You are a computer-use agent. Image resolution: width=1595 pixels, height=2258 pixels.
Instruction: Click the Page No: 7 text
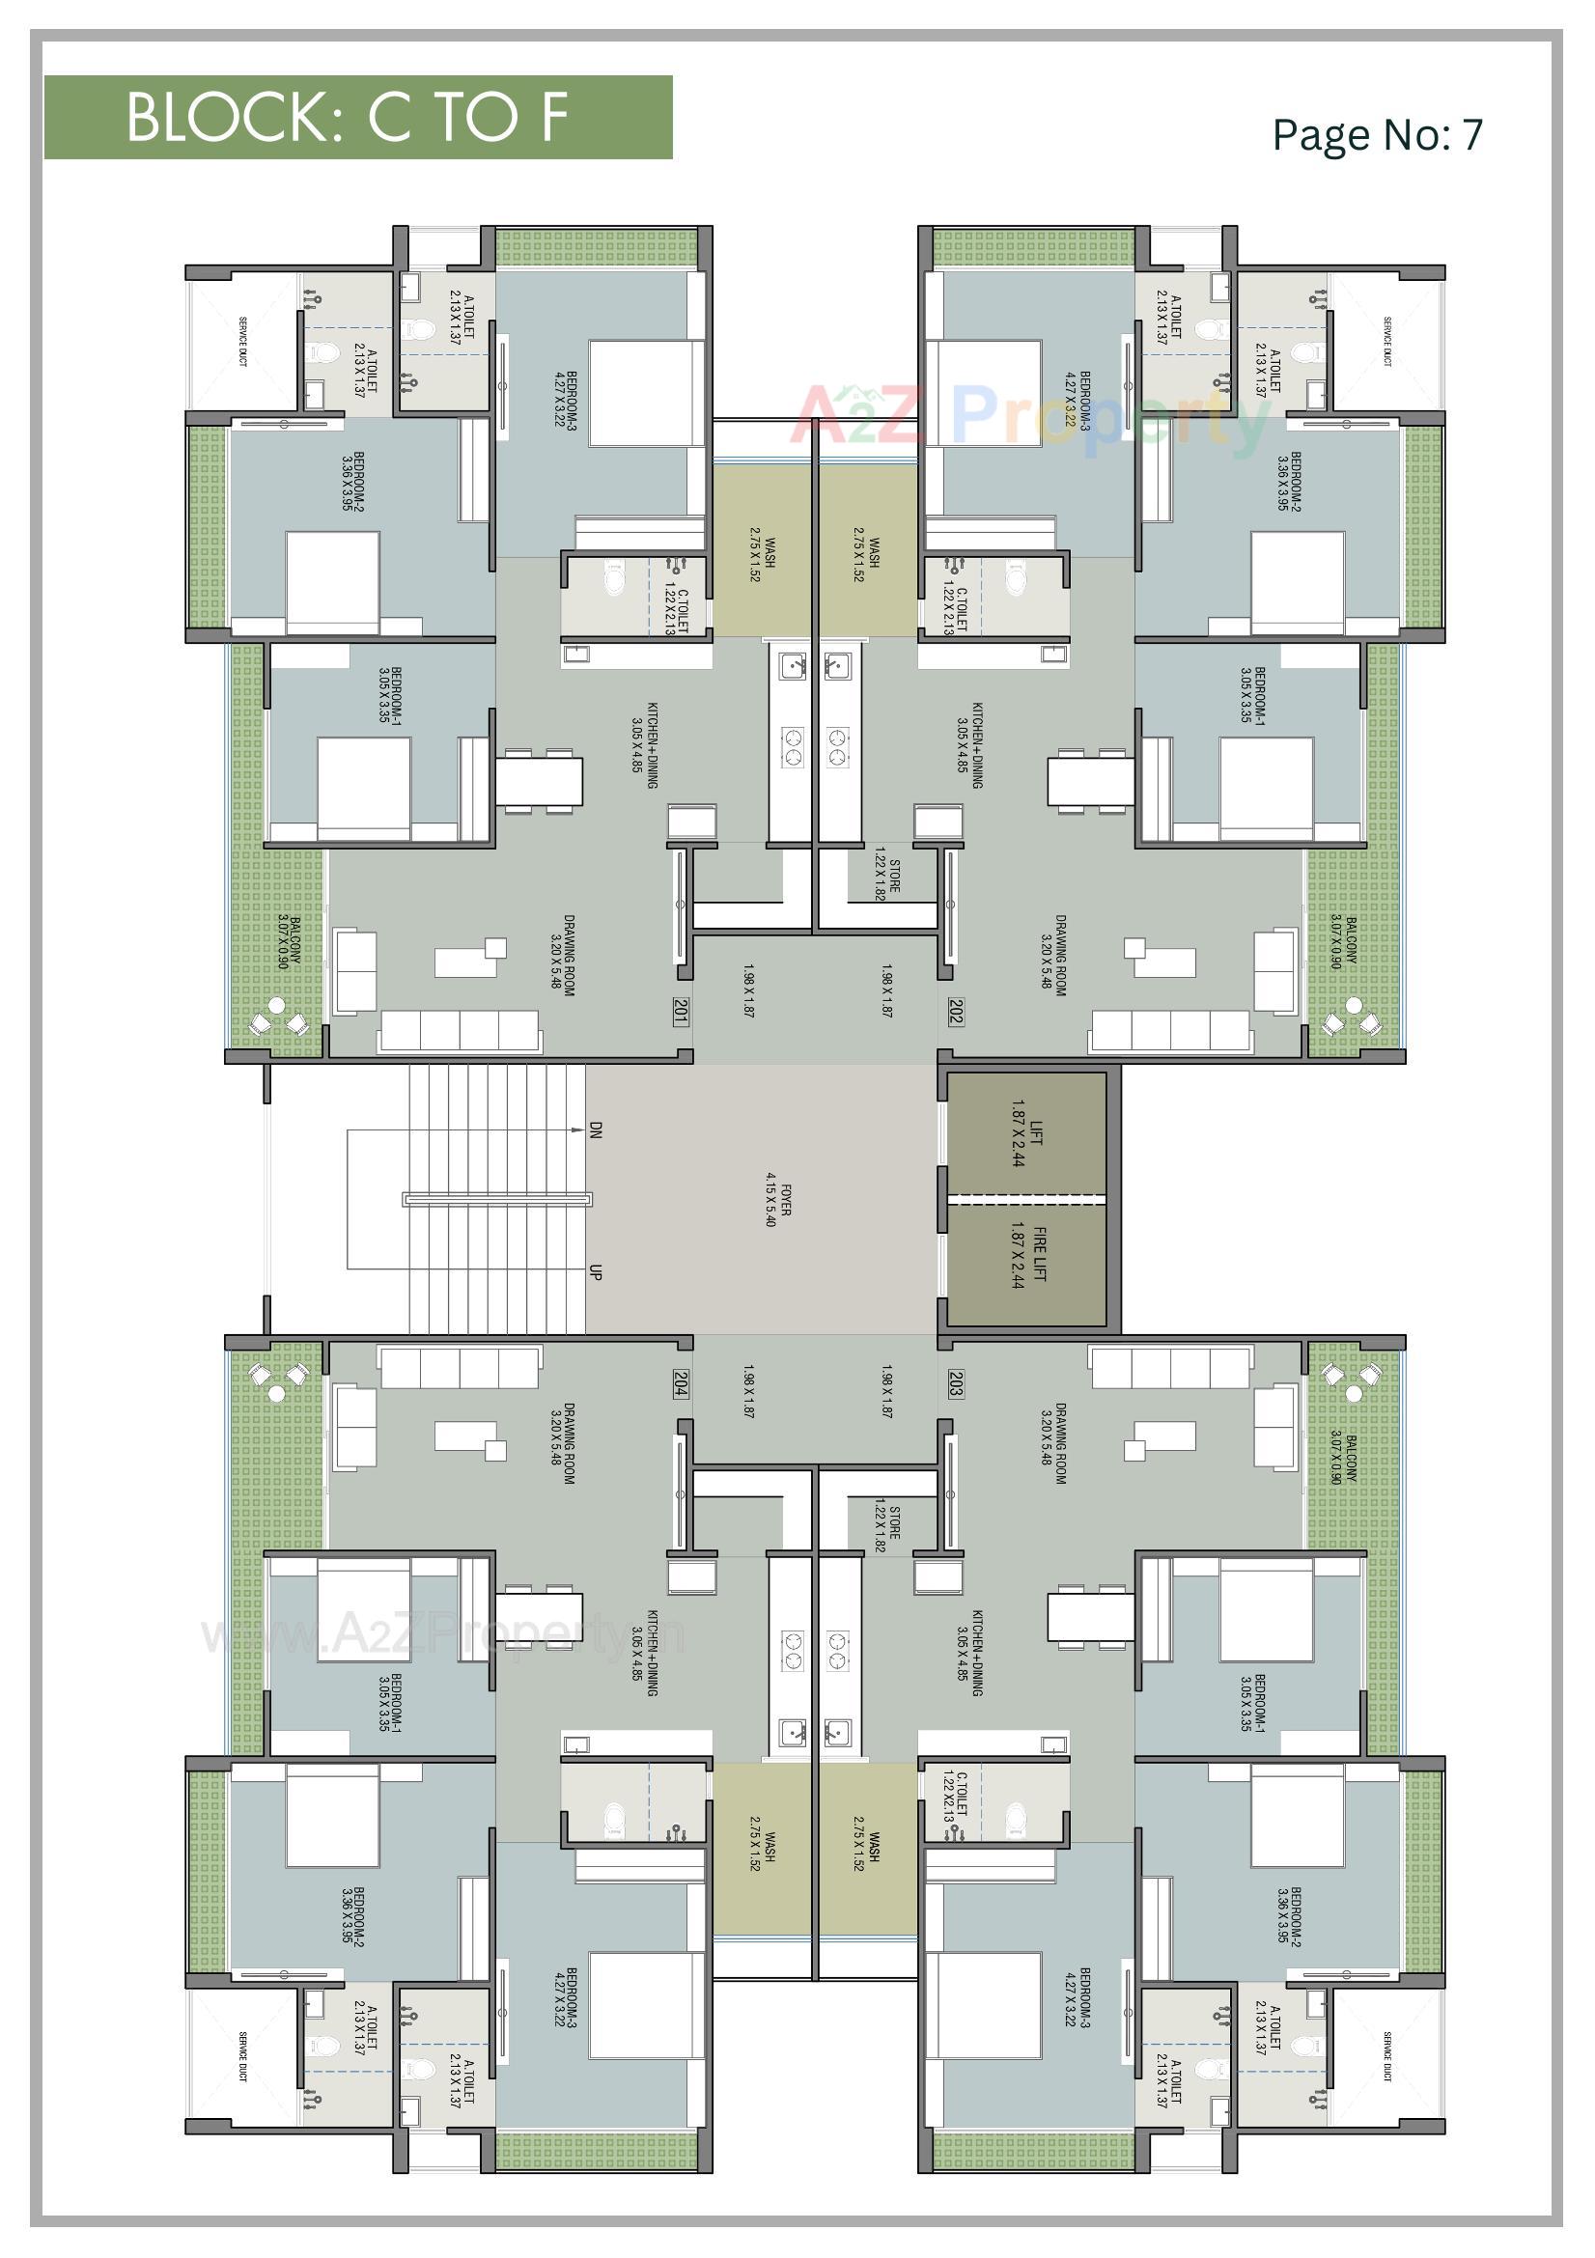click(1376, 135)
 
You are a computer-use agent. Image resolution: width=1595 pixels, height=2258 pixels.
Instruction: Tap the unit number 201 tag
click(680, 1012)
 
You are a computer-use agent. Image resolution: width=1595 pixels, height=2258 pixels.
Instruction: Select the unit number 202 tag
click(955, 1012)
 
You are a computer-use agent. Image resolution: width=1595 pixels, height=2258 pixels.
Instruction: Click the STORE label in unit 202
click(886, 876)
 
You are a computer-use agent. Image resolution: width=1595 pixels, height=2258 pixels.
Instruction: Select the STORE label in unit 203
click(886, 1527)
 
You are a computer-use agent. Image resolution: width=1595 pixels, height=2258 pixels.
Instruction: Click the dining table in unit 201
click(538, 780)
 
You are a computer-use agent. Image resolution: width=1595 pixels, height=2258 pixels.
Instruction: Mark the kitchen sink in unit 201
click(793, 667)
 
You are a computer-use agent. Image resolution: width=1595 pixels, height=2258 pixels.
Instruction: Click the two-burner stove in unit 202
click(837, 745)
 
